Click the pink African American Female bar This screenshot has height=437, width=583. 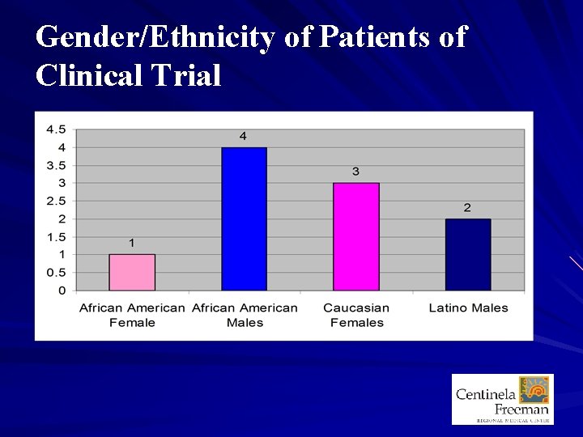point(132,273)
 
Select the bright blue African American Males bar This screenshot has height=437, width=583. point(245,218)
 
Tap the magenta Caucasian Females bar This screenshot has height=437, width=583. point(356,236)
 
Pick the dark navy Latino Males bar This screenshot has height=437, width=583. point(468,255)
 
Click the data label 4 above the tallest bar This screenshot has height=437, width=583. point(243,136)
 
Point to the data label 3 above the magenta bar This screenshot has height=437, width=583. point(355,172)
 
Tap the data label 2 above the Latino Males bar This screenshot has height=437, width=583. point(467,207)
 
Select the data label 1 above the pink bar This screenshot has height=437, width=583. point(132,243)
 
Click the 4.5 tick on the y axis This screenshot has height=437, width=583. point(56,129)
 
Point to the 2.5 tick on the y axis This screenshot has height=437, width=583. point(56,201)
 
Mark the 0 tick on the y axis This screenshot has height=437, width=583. point(62,291)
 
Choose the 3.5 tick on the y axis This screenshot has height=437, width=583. point(56,165)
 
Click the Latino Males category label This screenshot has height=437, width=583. point(469,308)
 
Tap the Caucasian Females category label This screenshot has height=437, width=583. point(356,315)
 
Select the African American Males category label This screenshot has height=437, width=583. point(245,315)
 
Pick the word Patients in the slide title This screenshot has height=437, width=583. point(373,36)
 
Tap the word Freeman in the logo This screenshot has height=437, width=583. point(521,409)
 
